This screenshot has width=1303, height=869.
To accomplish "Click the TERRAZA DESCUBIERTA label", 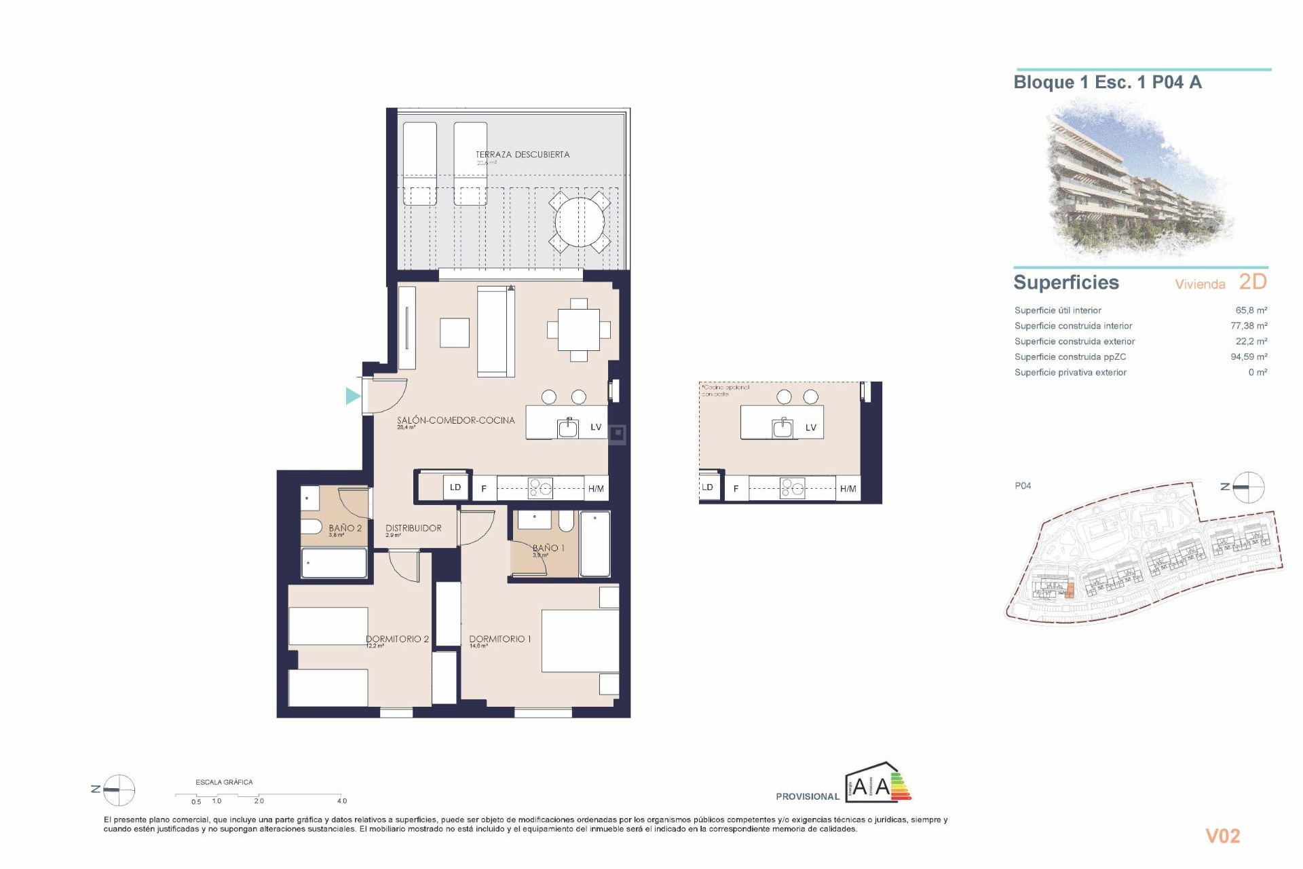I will (x=522, y=155).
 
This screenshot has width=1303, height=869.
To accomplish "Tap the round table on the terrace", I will (x=579, y=222).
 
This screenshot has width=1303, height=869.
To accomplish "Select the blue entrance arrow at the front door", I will (x=352, y=396).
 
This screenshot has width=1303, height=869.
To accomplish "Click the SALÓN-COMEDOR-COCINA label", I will (x=455, y=421).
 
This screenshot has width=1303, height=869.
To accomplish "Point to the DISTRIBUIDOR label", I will (x=413, y=528).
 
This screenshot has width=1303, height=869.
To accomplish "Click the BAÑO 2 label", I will (x=345, y=528).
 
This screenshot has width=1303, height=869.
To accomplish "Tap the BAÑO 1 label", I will (x=548, y=548).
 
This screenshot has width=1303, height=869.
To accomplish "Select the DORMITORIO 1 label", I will (x=499, y=639).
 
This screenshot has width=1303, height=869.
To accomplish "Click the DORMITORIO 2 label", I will (x=397, y=639).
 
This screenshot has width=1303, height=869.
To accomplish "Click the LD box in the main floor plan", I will (x=455, y=487).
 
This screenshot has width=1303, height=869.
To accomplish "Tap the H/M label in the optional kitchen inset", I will (x=848, y=489).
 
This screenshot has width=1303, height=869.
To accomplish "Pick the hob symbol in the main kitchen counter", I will (x=541, y=487).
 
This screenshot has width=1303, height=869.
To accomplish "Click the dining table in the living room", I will (x=578, y=330).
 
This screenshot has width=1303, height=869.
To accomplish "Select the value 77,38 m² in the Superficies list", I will (x=1249, y=326).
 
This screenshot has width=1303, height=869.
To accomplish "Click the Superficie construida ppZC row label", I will (x=1070, y=357).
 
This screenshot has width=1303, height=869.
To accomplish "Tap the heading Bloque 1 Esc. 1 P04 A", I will (x=1107, y=83).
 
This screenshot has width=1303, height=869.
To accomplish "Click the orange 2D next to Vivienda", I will (x=1253, y=282).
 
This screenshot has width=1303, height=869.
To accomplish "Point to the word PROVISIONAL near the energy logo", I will (x=807, y=796).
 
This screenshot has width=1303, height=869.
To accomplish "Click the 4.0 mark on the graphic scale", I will (x=341, y=801).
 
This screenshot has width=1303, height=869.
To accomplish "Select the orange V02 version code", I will (x=1222, y=836).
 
